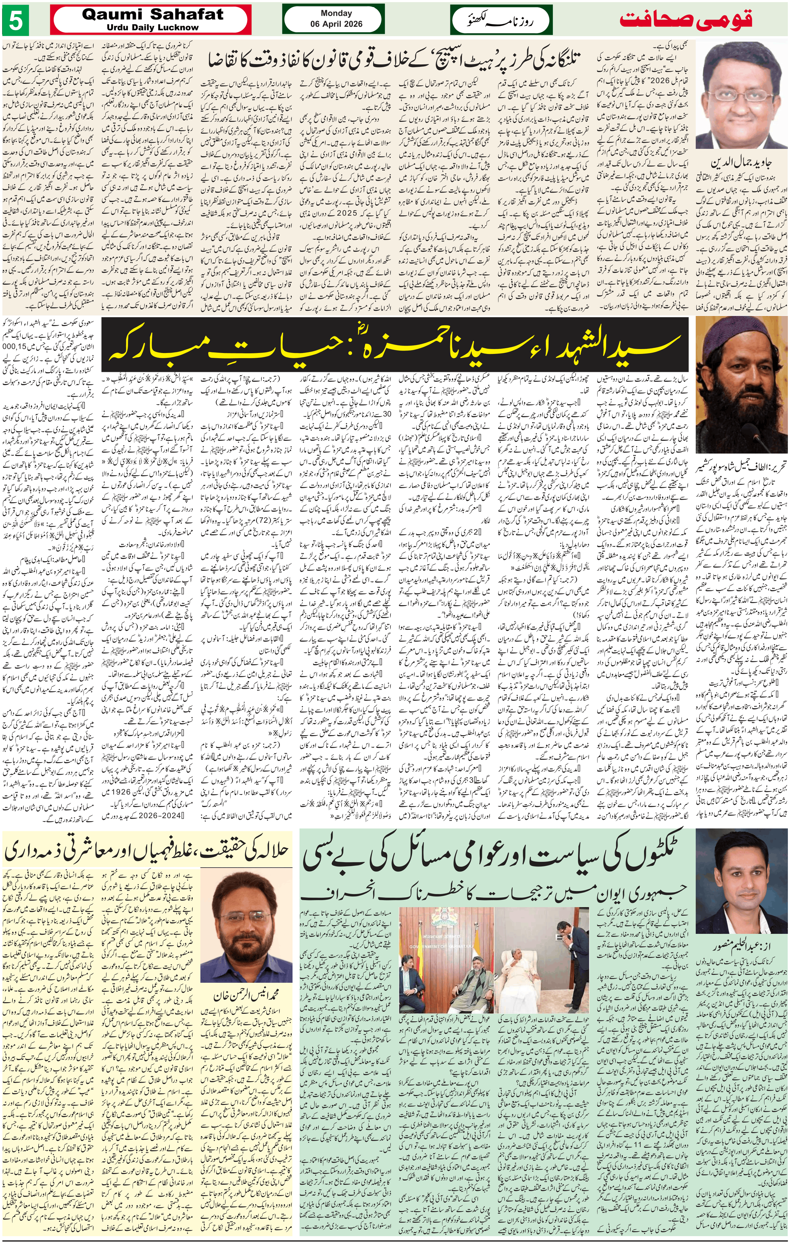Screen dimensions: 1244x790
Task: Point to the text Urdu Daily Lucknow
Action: (153, 27)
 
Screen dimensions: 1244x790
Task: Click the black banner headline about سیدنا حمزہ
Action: (396, 343)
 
